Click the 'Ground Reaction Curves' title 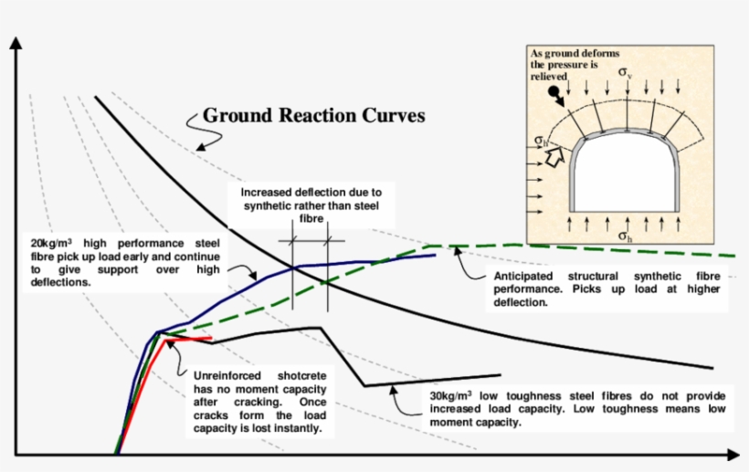coord(313,116)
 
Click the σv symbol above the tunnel coord(625,72)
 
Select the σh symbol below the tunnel coord(625,237)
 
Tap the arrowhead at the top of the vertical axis coord(15,45)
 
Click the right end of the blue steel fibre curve coord(435,256)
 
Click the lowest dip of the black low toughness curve coord(364,386)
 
